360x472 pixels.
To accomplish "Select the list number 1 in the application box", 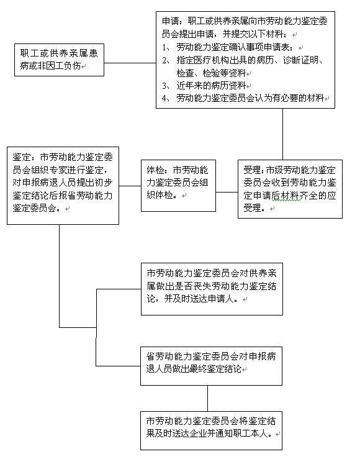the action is pyautogui.click(x=164, y=48).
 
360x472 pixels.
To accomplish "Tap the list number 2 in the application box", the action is pyautogui.click(x=164, y=60).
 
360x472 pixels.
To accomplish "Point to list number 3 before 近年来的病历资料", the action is pyautogui.click(x=164, y=86).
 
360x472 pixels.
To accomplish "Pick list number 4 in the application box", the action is pyautogui.click(x=164, y=98).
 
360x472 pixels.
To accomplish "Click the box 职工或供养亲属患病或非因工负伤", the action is pyautogui.click(x=59, y=60).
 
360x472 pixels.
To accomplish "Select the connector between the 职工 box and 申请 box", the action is pyautogui.click(x=130, y=63).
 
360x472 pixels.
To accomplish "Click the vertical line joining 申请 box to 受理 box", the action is pyautogui.click(x=282, y=134).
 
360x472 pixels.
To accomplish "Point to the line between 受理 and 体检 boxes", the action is pyautogui.click(x=227, y=192).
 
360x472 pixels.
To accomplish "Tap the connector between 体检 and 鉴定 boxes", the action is pyautogui.click(x=130, y=186).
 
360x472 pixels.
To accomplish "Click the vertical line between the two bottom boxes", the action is pyautogui.click(x=207, y=398).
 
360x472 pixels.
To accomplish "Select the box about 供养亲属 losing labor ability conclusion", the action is pyautogui.click(x=212, y=289).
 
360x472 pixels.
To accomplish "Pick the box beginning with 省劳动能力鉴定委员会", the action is pyautogui.click(x=211, y=366).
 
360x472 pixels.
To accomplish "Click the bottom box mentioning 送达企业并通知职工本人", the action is pyautogui.click(x=211, y=430).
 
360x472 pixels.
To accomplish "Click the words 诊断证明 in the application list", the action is pyautogui.click(x=301, y=60).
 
